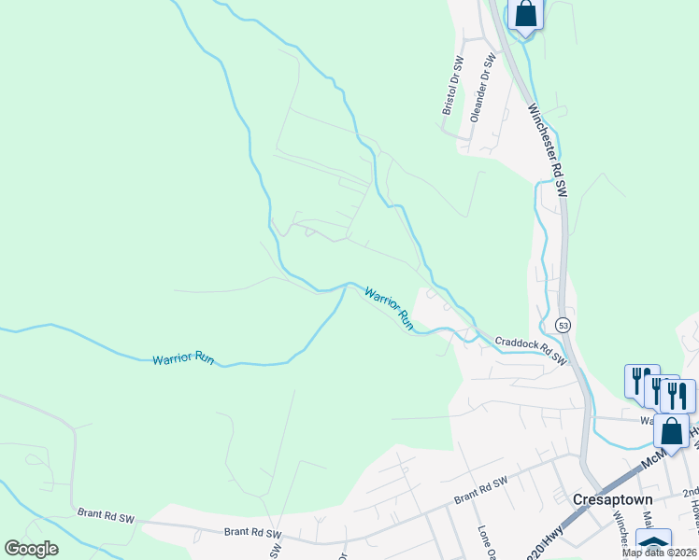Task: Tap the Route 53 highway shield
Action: pyautogui.click(x=562, y=325)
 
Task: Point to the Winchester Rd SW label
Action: pyautogui.click(x=548, y=149)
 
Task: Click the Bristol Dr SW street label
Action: pyautogui.click(x=452, y=87)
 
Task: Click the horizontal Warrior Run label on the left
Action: pyautogui.click(x=185, y=358)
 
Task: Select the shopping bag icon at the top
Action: pyautogui.click(x=526, y=14)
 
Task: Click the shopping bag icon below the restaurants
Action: pyautogui.click(x=671, y=431)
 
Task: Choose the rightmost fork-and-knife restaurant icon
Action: pyautogui.click(x=678, y=395)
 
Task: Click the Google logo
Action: pyautogui.click(x=31, y=549)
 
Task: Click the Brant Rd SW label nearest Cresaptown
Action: pyautogui.click(x=480, y=488)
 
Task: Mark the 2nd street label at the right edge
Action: pyautogui.click(x=690, y=493)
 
